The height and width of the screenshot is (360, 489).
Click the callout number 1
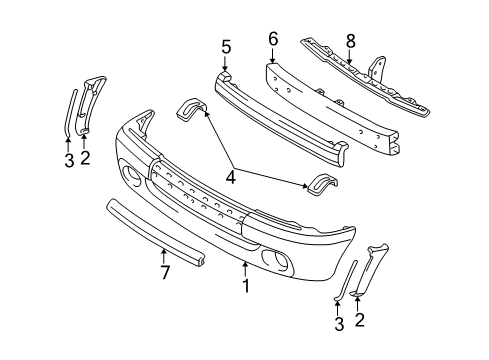(x=246, y=286)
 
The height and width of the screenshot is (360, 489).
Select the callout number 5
(x=226, y=47)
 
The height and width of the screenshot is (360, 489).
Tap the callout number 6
(x=273, y=39)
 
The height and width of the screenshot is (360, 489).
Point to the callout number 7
(x=165, y=272)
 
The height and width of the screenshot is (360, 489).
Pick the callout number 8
(x=351, y=42)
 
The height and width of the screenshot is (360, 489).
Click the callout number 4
(x=231, y=177)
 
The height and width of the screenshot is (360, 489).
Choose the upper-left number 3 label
(x=69, y=160)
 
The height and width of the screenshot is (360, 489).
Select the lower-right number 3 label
(x=339, y=324)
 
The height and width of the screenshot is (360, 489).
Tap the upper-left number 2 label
(x=85, y=158)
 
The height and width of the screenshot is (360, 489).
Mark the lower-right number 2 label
(x=360, y=320)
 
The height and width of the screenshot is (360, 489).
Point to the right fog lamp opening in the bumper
(x=276, y=260)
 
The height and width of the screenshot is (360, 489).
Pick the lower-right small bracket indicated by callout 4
(x=322, y=183)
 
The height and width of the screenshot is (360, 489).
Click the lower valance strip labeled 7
(x=155, y=232)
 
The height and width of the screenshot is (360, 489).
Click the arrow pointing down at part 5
(x=226, y=63)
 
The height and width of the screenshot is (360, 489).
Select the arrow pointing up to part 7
(x=163, y=257)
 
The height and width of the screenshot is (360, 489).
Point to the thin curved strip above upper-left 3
(x=70, y=112)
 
